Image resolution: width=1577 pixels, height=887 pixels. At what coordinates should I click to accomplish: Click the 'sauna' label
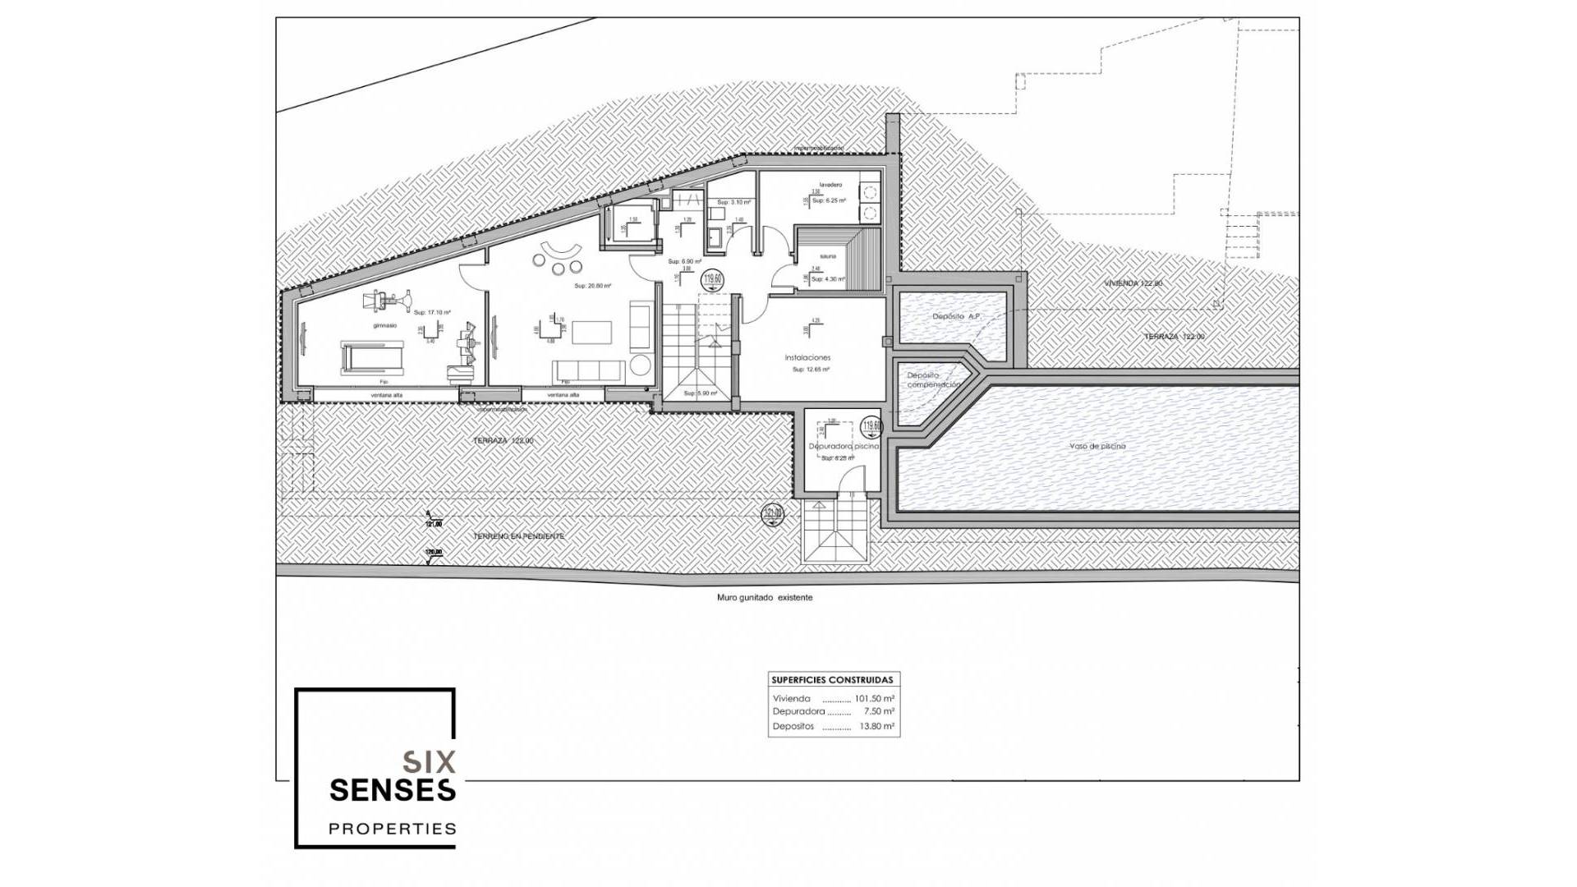click(x=827, y=256)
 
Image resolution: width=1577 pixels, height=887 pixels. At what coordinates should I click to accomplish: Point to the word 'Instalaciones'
click(x=807, y=357)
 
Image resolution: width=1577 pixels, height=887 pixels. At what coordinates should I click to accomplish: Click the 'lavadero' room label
click(x=830, y=185)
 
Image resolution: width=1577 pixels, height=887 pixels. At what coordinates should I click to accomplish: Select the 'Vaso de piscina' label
click(x=1097, y=446)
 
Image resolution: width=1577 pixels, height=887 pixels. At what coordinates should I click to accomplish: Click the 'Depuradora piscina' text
click(x=844, y=446)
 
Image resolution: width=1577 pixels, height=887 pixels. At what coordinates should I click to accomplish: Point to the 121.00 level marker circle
click(x=772, y=513)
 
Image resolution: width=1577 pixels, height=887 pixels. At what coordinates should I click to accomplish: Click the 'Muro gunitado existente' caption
click(x=765, y=598)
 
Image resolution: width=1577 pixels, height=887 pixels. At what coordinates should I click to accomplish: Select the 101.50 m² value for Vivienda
click(x=874, y=699)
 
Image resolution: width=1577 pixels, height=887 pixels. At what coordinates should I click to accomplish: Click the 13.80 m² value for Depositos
click(x=877, y=727)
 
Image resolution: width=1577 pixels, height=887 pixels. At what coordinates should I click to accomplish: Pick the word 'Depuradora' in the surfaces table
click(x=798, y=712)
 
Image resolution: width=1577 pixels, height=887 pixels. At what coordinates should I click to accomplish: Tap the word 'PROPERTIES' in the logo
click(x=393, y=829)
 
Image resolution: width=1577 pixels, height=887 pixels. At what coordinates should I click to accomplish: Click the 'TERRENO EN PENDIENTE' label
click(x=518, y=536)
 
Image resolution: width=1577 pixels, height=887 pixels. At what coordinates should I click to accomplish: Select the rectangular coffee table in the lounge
click(x=592, y=332)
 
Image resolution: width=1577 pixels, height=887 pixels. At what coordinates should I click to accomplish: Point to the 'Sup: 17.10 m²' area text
click(x=432, y=312)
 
